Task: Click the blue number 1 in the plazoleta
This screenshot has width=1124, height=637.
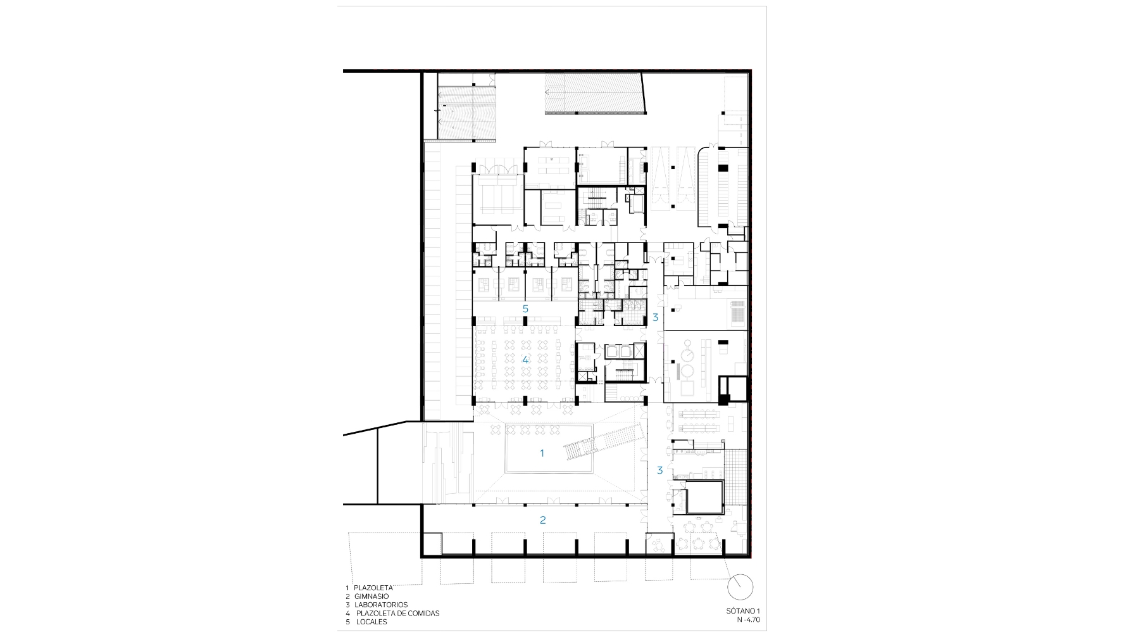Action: coord(542,453)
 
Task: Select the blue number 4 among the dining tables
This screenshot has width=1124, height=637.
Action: coord(525,359)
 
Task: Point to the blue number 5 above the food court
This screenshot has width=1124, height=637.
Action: coord(525,308)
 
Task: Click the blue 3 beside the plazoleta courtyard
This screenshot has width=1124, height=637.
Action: coord(659,470)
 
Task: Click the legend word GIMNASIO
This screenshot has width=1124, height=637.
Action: coord(372,596)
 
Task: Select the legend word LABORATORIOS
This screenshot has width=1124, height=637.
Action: coord(381,605)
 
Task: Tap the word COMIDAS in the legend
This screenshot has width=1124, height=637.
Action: coord(423,613)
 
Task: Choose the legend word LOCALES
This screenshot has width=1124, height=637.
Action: coord(372,622)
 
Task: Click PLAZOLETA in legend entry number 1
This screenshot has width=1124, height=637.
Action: coord(373,588)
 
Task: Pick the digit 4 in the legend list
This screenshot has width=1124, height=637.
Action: coord(347,613)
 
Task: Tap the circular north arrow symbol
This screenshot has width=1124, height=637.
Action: coord(740,588)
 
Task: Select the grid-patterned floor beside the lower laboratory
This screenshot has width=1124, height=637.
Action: coord(735,473)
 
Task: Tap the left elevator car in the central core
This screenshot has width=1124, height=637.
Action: coord(612,352)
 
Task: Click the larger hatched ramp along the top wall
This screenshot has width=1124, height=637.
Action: coord(595,94)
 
